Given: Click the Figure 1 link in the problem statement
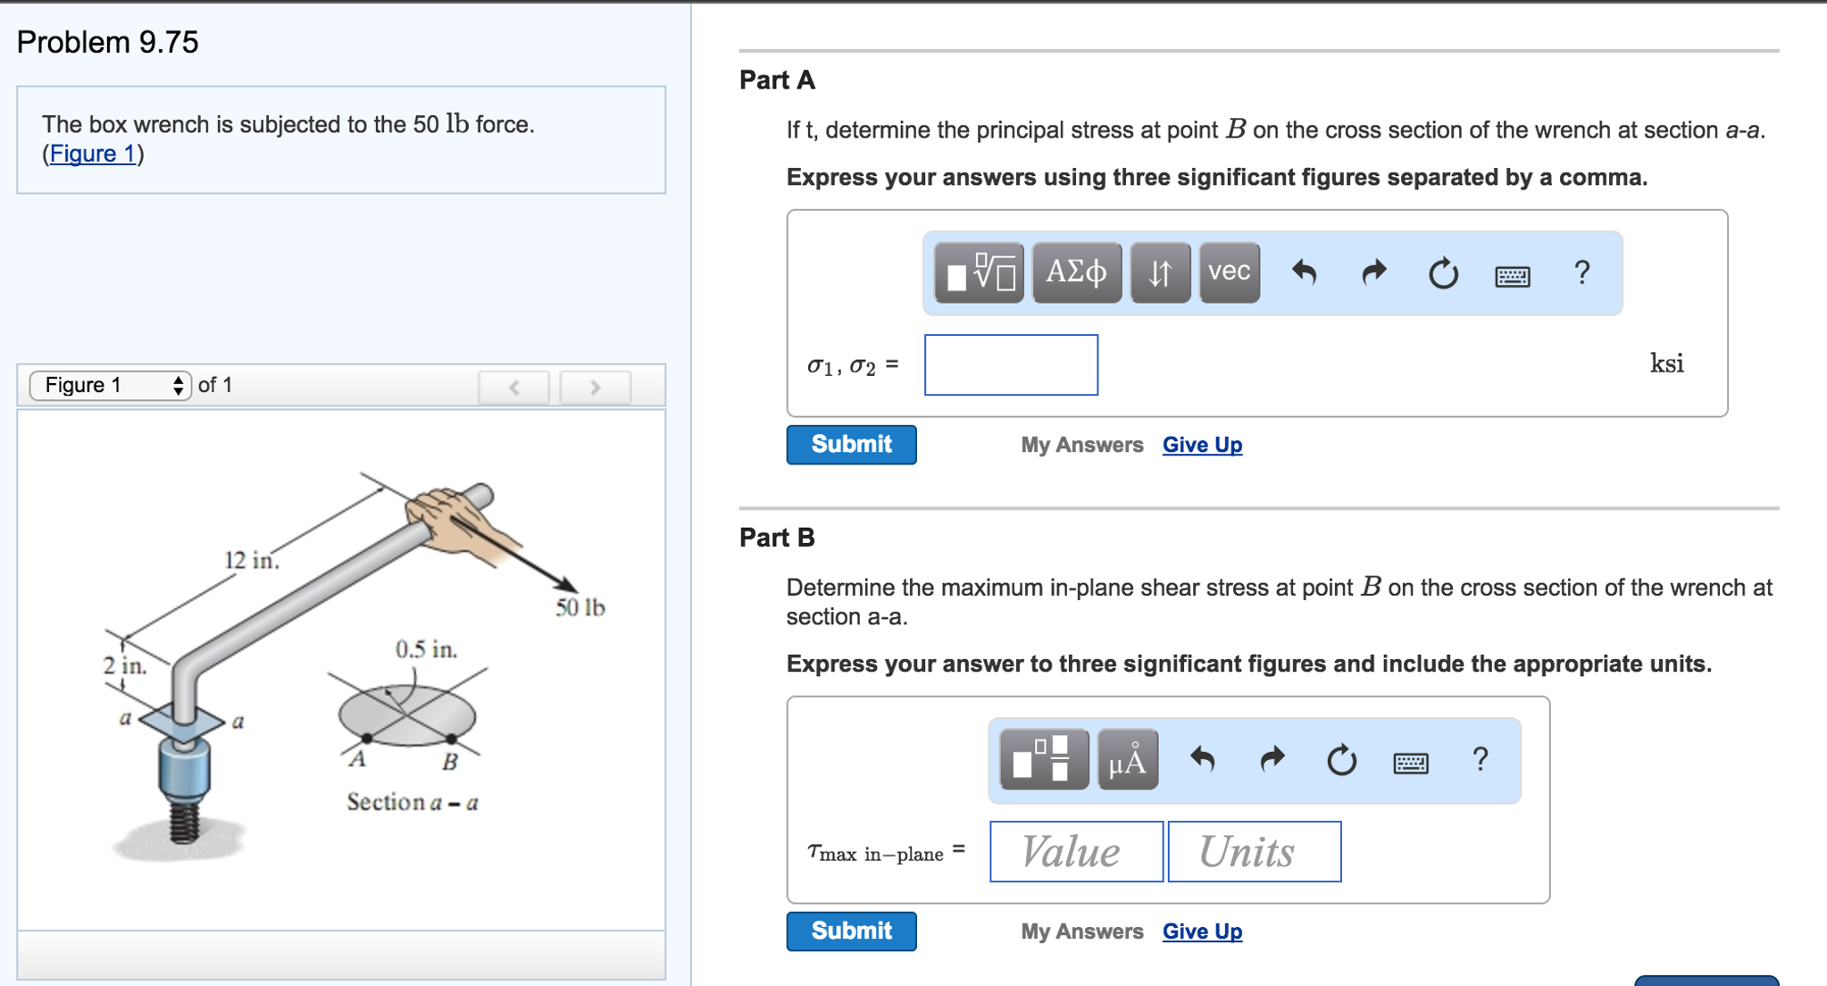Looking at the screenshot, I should tap(93, 154).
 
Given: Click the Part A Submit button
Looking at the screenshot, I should tap(850, 445).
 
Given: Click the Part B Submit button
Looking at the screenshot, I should tap(850, 931).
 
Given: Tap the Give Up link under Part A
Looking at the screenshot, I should tap(1201, 445).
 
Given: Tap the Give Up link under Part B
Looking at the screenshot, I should tap(1201, 931).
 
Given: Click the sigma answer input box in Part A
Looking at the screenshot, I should tap(1010, 364).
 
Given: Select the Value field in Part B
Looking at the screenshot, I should tap(1075, 851).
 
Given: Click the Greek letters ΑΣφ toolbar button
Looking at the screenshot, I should tap(1076, 272).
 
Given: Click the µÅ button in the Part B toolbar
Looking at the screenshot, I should tap(1127, 760).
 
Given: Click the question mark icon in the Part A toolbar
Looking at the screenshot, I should tap(1581, 272).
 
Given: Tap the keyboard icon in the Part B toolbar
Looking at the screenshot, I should tap(1410, 762).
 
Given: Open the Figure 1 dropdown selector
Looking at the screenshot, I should tap(111, 385).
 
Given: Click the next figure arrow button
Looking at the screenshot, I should tap(595, 387).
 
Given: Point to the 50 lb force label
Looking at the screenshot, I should tap(580, 608).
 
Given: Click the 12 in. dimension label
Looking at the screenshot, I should tap(251, 561).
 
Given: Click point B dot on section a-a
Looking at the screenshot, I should tap(452, 739).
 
